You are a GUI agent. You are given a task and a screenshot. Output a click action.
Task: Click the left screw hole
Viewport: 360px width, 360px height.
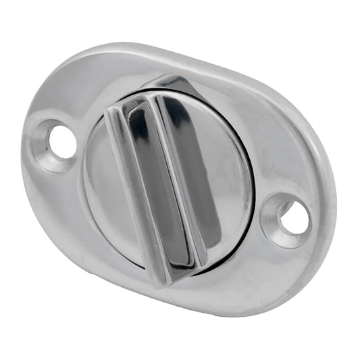click(x=62, y=141)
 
